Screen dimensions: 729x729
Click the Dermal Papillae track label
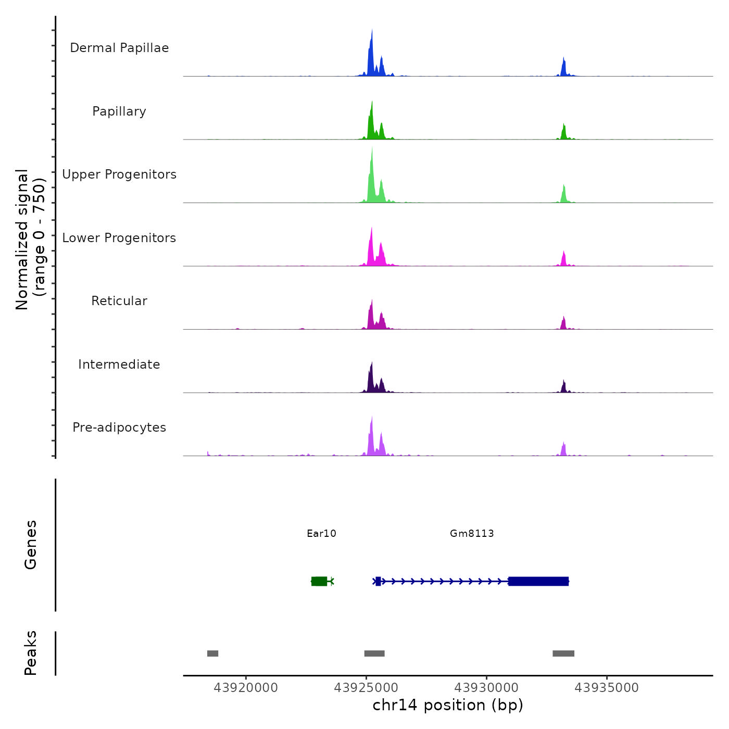119,48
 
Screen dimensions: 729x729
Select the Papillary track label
119,111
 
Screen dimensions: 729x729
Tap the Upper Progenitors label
119,174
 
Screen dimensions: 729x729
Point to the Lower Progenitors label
119,238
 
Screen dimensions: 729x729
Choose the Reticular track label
119,301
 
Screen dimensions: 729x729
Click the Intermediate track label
119,364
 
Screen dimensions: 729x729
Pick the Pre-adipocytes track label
119,428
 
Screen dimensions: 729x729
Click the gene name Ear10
321,533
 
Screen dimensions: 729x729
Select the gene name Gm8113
472,533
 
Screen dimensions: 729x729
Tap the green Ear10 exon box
319,581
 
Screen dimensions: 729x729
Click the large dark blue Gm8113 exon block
538,581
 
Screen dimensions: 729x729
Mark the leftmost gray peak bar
212,653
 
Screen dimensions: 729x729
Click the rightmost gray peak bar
563,653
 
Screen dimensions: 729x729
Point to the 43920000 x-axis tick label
246,688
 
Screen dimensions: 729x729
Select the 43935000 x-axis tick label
607,688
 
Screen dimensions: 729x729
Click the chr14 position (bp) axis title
448,705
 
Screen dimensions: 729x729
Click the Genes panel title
31,545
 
